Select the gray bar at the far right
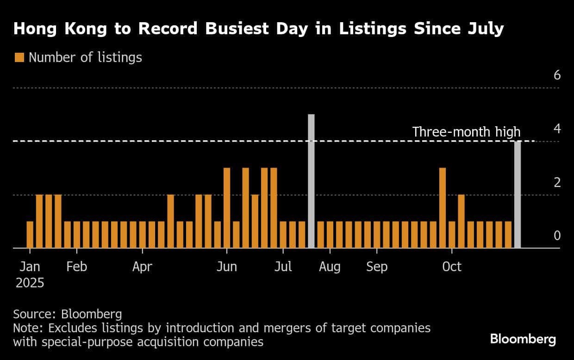pos(518,194)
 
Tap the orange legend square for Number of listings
pos(19,57)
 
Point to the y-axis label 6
pos(557,75)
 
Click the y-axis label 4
pos(557,129)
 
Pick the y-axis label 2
pos(557,182)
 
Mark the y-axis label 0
pos(557,236)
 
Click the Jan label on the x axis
pos(30,267)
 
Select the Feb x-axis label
pos(77,267)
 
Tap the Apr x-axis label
pos(142,267)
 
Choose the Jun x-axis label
pos(227,267)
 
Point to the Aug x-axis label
pos(330,267)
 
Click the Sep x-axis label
pos(377,267)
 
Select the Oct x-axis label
pos(452,267)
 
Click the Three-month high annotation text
pos(466,132)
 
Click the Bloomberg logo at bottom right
pos(523,339)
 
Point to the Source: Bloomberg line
pos(68,315)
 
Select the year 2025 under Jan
pos(30,283)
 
